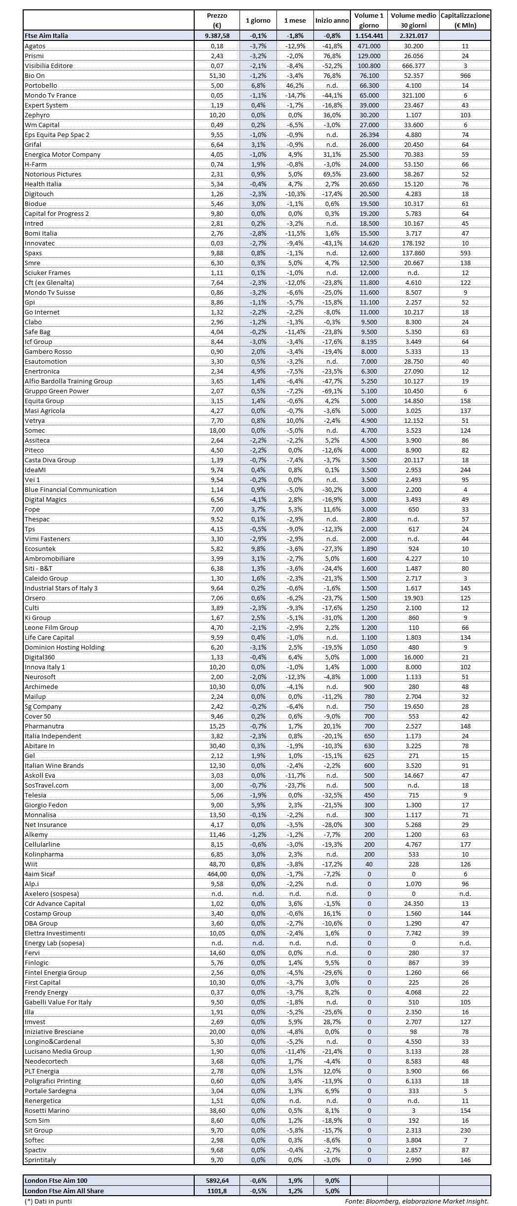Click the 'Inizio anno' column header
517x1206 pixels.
coord(332,21)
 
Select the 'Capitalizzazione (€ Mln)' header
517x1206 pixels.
coord(465,21)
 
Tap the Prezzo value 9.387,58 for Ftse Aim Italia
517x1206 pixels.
coord(217,35)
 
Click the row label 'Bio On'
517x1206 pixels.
coord(34,75)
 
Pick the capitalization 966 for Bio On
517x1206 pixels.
coord(465,75)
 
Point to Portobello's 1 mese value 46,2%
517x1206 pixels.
coord(295,85)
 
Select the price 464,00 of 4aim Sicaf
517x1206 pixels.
coord(217,874)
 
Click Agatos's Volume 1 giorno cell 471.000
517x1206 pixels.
coord(369,46)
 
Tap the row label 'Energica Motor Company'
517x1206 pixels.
coord(63,154)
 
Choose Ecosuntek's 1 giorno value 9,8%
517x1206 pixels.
coord(258,549)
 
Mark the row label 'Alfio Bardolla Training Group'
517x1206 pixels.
coord(69,381)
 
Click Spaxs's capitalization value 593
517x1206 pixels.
coord(465,253)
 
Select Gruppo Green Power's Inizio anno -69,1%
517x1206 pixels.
coord(332,391)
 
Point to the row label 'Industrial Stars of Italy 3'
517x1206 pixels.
coord(61,588)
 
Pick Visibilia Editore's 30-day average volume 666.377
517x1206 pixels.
coord(414,66)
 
